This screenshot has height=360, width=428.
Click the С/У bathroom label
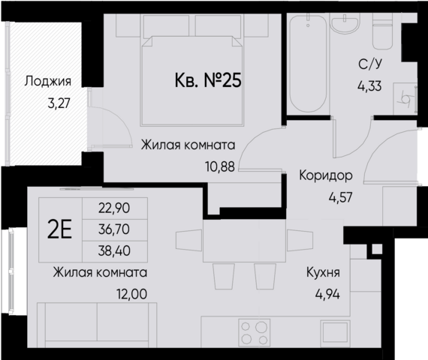pyautogui.click(x=368, y=65)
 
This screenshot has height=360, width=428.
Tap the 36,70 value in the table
pyautogui.click(x=113, y=229)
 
